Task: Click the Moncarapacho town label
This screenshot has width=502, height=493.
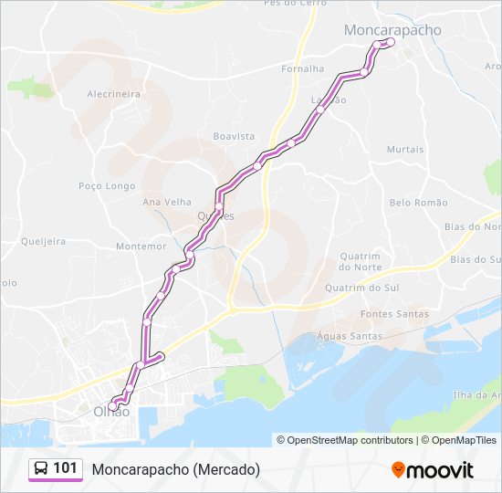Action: click(392, 30)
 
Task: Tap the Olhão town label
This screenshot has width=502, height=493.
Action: click(111, 412)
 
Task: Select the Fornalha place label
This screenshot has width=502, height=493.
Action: click(303, 68)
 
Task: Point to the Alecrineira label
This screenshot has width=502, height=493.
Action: click(113, 94)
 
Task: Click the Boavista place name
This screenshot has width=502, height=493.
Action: click(234, 136)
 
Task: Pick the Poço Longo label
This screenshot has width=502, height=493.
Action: click(107, 185)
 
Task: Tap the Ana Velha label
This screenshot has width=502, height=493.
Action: click(165, 202)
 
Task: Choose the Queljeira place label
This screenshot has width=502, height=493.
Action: click(43, 242)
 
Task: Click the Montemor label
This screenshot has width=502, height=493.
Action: click(141, 246)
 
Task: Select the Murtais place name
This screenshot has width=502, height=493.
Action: click(405, 149)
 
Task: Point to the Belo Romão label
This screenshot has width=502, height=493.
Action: click(418, 203)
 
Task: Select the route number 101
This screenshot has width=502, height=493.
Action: click(66, 468)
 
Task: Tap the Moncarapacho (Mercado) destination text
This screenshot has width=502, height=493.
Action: click(175, 469)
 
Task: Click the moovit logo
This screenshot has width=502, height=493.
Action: click(433, 469)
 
